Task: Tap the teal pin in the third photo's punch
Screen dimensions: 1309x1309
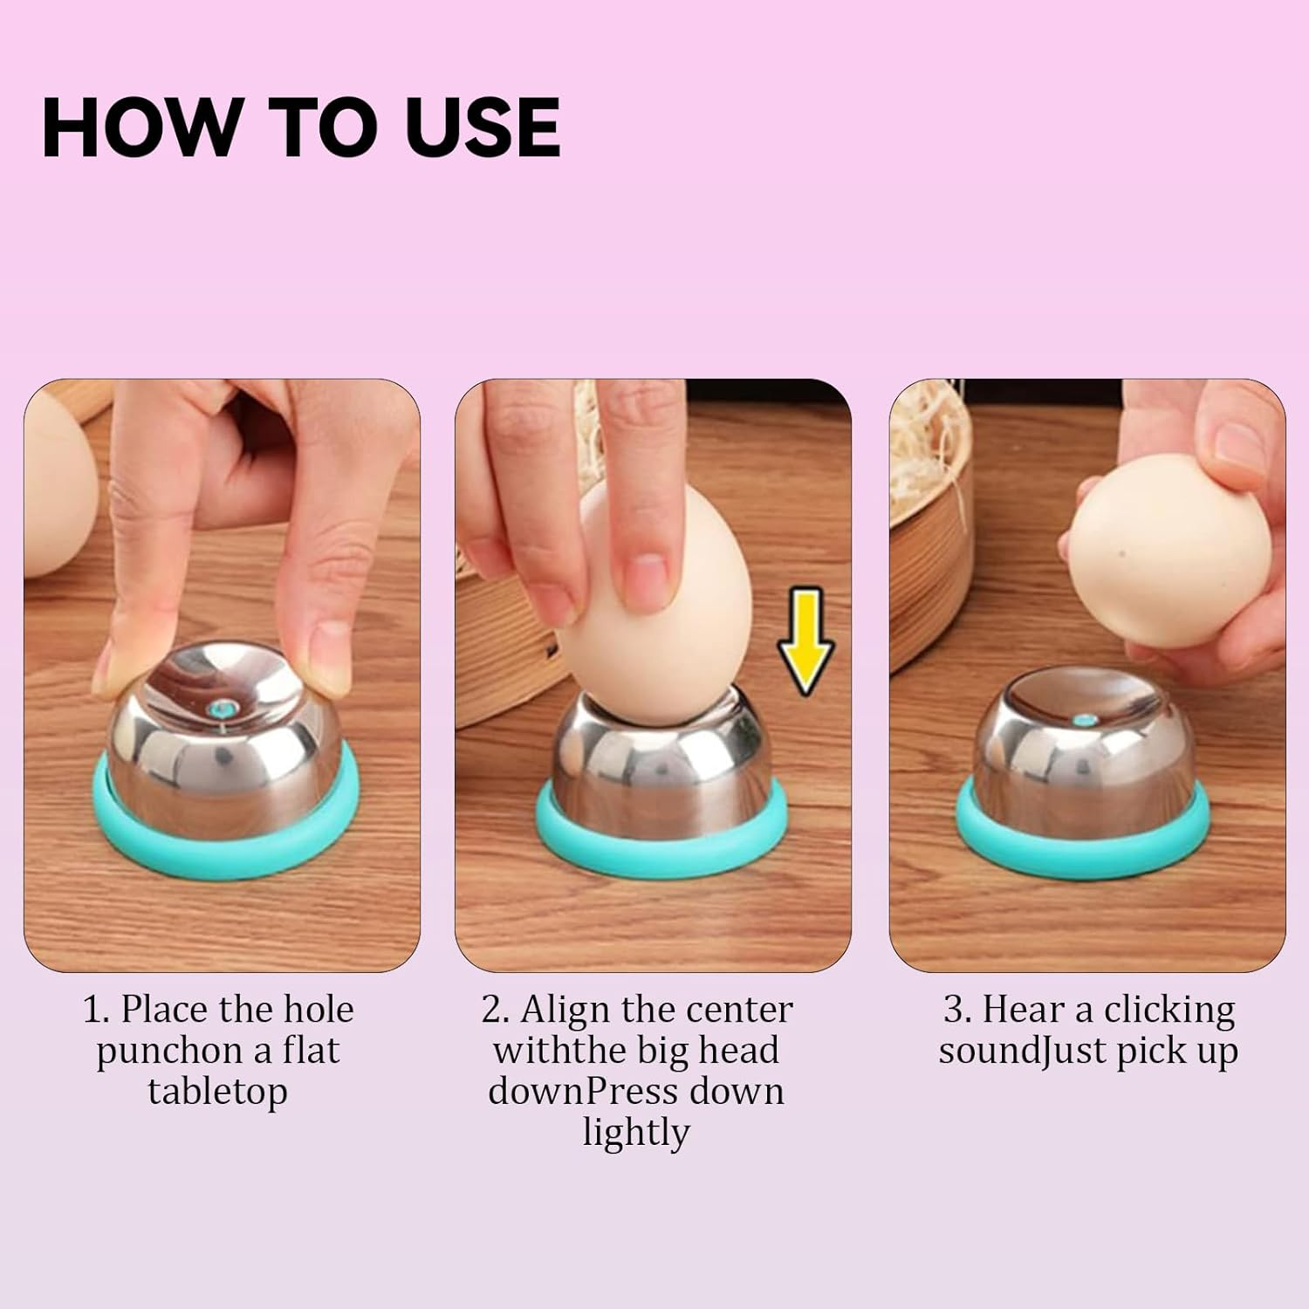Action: tap(1085, 721)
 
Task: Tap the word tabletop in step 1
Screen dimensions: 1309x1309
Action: tap(217, 1092)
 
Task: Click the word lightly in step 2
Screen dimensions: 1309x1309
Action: tap(636, 1134)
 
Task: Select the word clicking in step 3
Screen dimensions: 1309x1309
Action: tap(1169, 1010)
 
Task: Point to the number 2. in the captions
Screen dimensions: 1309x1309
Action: tap(495, 1011)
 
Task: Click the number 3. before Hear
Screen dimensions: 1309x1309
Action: tap(957, 1011)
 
